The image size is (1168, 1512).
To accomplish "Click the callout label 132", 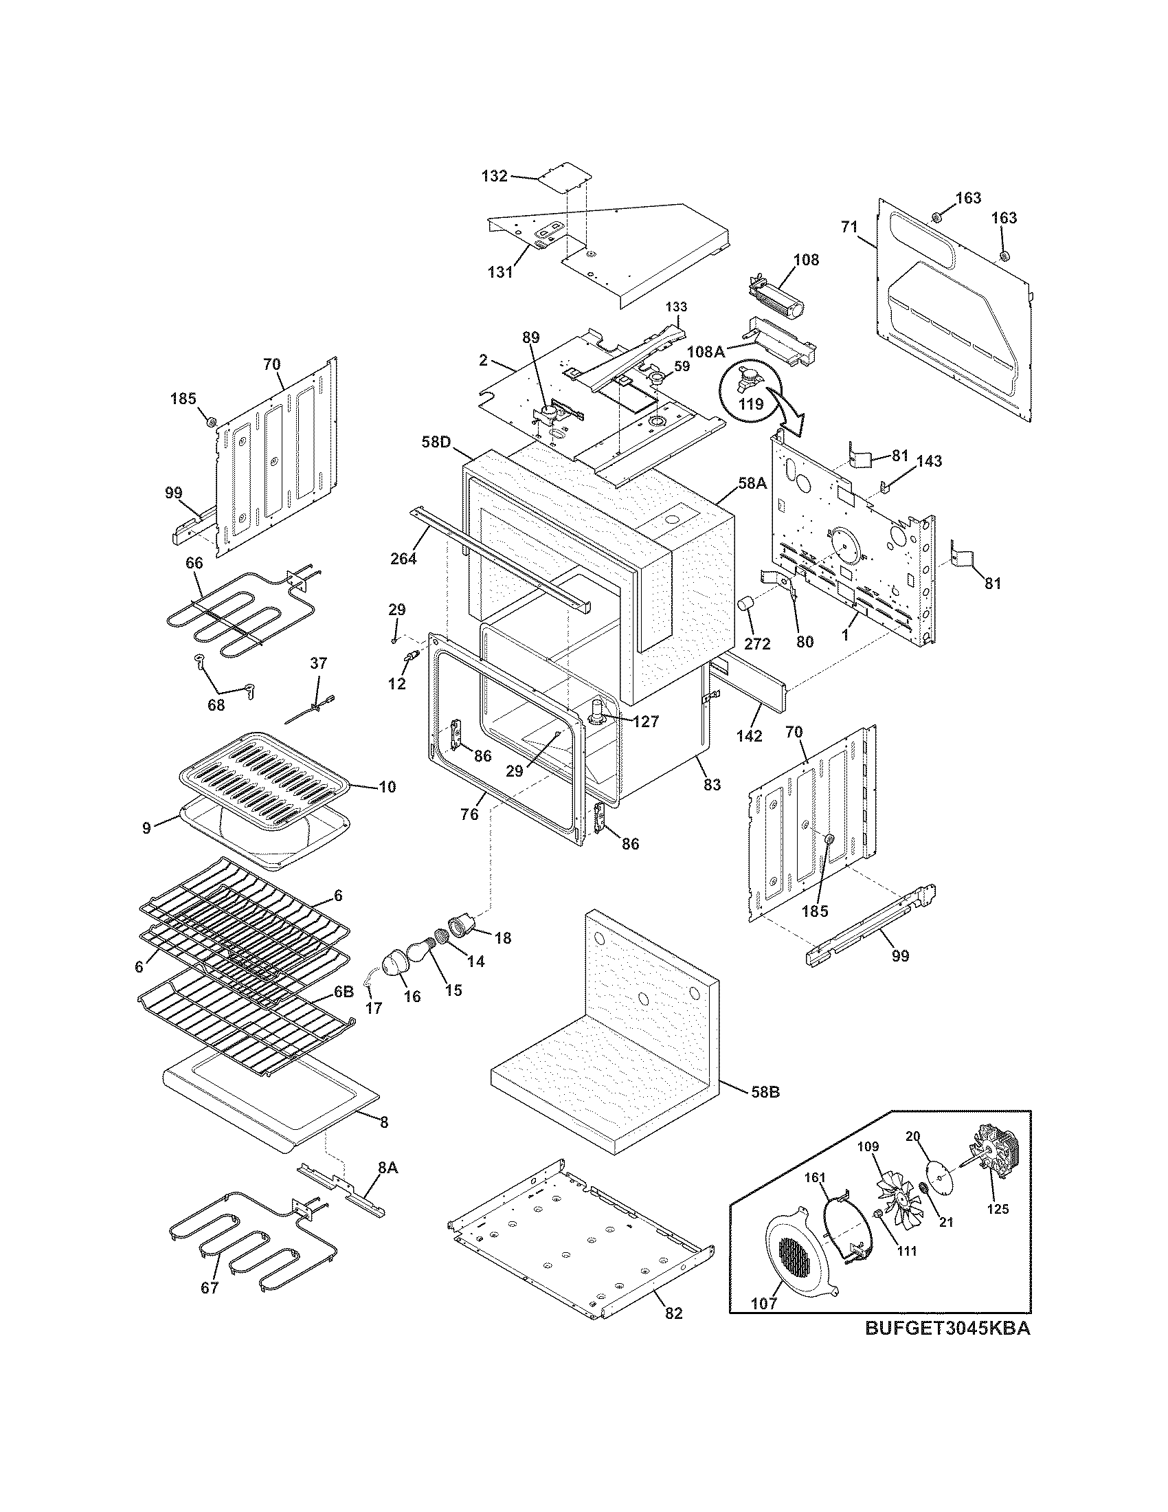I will tap(494, 176).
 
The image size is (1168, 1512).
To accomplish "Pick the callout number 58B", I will tap(765, 1092).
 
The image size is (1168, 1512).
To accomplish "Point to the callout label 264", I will tap(403, 558).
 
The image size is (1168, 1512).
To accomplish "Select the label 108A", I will tap(706, 352).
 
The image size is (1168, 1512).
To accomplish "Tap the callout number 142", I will tap(749, 736).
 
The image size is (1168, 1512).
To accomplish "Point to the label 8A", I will tap(388, 1167).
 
